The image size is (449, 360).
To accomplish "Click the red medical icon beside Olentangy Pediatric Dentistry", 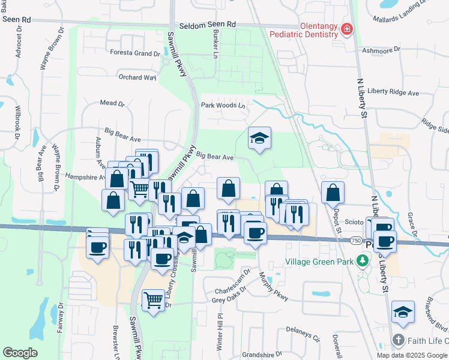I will pyautogui.click(x=346, y=29).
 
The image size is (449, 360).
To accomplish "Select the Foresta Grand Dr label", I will pyautogui.click(x=134, y=53).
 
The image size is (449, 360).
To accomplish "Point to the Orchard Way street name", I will pyautogui.click(x=137, y=77).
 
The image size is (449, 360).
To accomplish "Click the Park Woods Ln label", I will pyautogui.click(x=223, y=106).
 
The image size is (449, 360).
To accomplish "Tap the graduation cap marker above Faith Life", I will pyautogui.click(x=403, y=313).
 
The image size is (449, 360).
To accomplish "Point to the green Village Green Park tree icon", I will pyautogui.click(x=362, y=260).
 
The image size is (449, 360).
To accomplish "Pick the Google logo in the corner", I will pyautogui.click(x=20, y=353).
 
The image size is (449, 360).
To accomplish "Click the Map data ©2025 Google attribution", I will pyautogui.click(x=411, y=355).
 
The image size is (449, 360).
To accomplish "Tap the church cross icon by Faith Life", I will pyautogui.click(x=398, y=341).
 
